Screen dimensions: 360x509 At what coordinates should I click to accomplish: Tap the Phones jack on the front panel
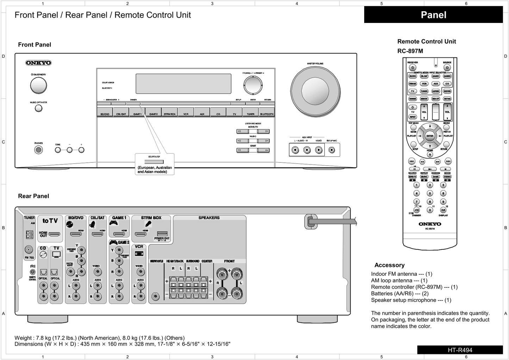(x=38, y=150)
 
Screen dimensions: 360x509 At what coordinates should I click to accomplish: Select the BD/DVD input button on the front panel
(x=105, y=113)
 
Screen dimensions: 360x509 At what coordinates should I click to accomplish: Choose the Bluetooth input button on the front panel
(x=267, y=113)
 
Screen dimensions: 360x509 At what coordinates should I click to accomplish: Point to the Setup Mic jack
(x=331, y=150)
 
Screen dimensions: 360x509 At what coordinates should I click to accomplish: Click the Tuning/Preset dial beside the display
(x=253, y=85)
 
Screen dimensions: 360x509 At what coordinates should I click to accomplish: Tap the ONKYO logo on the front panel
(x=38, y=63)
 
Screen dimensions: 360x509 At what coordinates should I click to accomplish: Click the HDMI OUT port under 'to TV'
(x=54, y=234)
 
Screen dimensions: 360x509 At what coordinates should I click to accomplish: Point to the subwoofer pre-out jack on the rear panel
(x=155, y=297)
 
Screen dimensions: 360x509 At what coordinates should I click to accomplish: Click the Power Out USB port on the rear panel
(x=162, y=234)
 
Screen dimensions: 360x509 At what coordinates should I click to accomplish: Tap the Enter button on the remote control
(x=430, y=136)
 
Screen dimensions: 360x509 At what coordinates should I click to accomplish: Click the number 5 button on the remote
(x=430, y=193)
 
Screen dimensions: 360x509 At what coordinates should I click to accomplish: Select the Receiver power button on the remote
(x=412, y=68)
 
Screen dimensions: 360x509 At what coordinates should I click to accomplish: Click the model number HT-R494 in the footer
(x=460, y=350)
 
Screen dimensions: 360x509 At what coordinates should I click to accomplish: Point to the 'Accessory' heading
(x=389, y=265)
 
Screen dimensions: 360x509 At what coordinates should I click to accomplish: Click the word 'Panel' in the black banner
(x=434, y=15)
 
